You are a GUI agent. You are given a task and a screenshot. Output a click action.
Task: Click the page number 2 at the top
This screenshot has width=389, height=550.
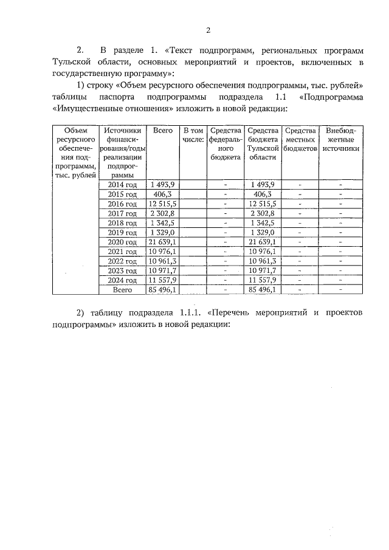pyautogui.click(x=208, y=30)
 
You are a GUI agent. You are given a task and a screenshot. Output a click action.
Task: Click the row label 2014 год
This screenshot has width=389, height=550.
pyautogui.click(x=123, y=185)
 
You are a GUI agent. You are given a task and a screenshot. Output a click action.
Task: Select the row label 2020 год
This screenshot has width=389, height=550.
pyautogui.click(x=123, y=242)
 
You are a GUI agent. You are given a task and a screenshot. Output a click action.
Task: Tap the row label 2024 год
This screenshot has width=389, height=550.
pyautogui.click(x=123, y=280)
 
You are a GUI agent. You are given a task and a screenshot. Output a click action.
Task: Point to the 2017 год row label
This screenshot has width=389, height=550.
pyautogui.click(x=123, y=213)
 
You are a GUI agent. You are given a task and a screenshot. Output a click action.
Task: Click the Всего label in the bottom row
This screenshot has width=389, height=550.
pyautogui.click(x=123, y=290)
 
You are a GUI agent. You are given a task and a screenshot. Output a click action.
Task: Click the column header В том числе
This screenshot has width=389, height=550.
pyautogui.click(x=193, y=135)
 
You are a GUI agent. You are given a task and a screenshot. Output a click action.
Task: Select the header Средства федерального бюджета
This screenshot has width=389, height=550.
pyautogui.click(x=225, y=143)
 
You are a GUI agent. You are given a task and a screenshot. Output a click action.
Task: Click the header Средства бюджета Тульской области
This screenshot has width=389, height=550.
pyautogui.click(x=263, y=143)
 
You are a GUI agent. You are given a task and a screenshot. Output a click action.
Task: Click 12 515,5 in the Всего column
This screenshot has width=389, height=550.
pyautogui.click(x=163, y=204)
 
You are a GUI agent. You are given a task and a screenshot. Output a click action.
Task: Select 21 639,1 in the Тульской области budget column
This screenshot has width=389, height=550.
pyautogui.click(x=263, y=242)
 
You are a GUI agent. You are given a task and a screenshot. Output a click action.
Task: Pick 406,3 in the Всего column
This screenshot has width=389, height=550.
pyautogui.click(x=163, y=194)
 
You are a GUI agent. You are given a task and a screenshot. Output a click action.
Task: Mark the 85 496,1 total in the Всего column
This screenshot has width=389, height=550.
pyautogui.click(x=163, y=290)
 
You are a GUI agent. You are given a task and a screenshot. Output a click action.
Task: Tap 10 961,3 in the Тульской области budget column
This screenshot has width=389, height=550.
pyautogui.click(x=263, y=261)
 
